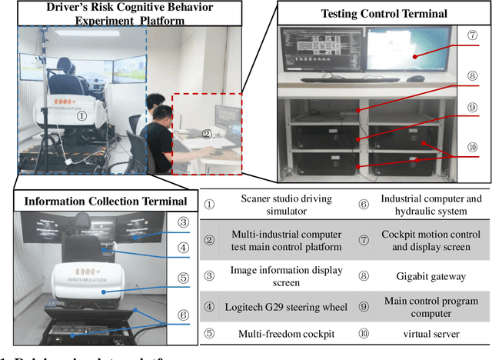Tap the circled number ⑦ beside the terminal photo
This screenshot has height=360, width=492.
coord(473,35)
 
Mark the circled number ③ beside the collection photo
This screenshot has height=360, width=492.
coord(182,222)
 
